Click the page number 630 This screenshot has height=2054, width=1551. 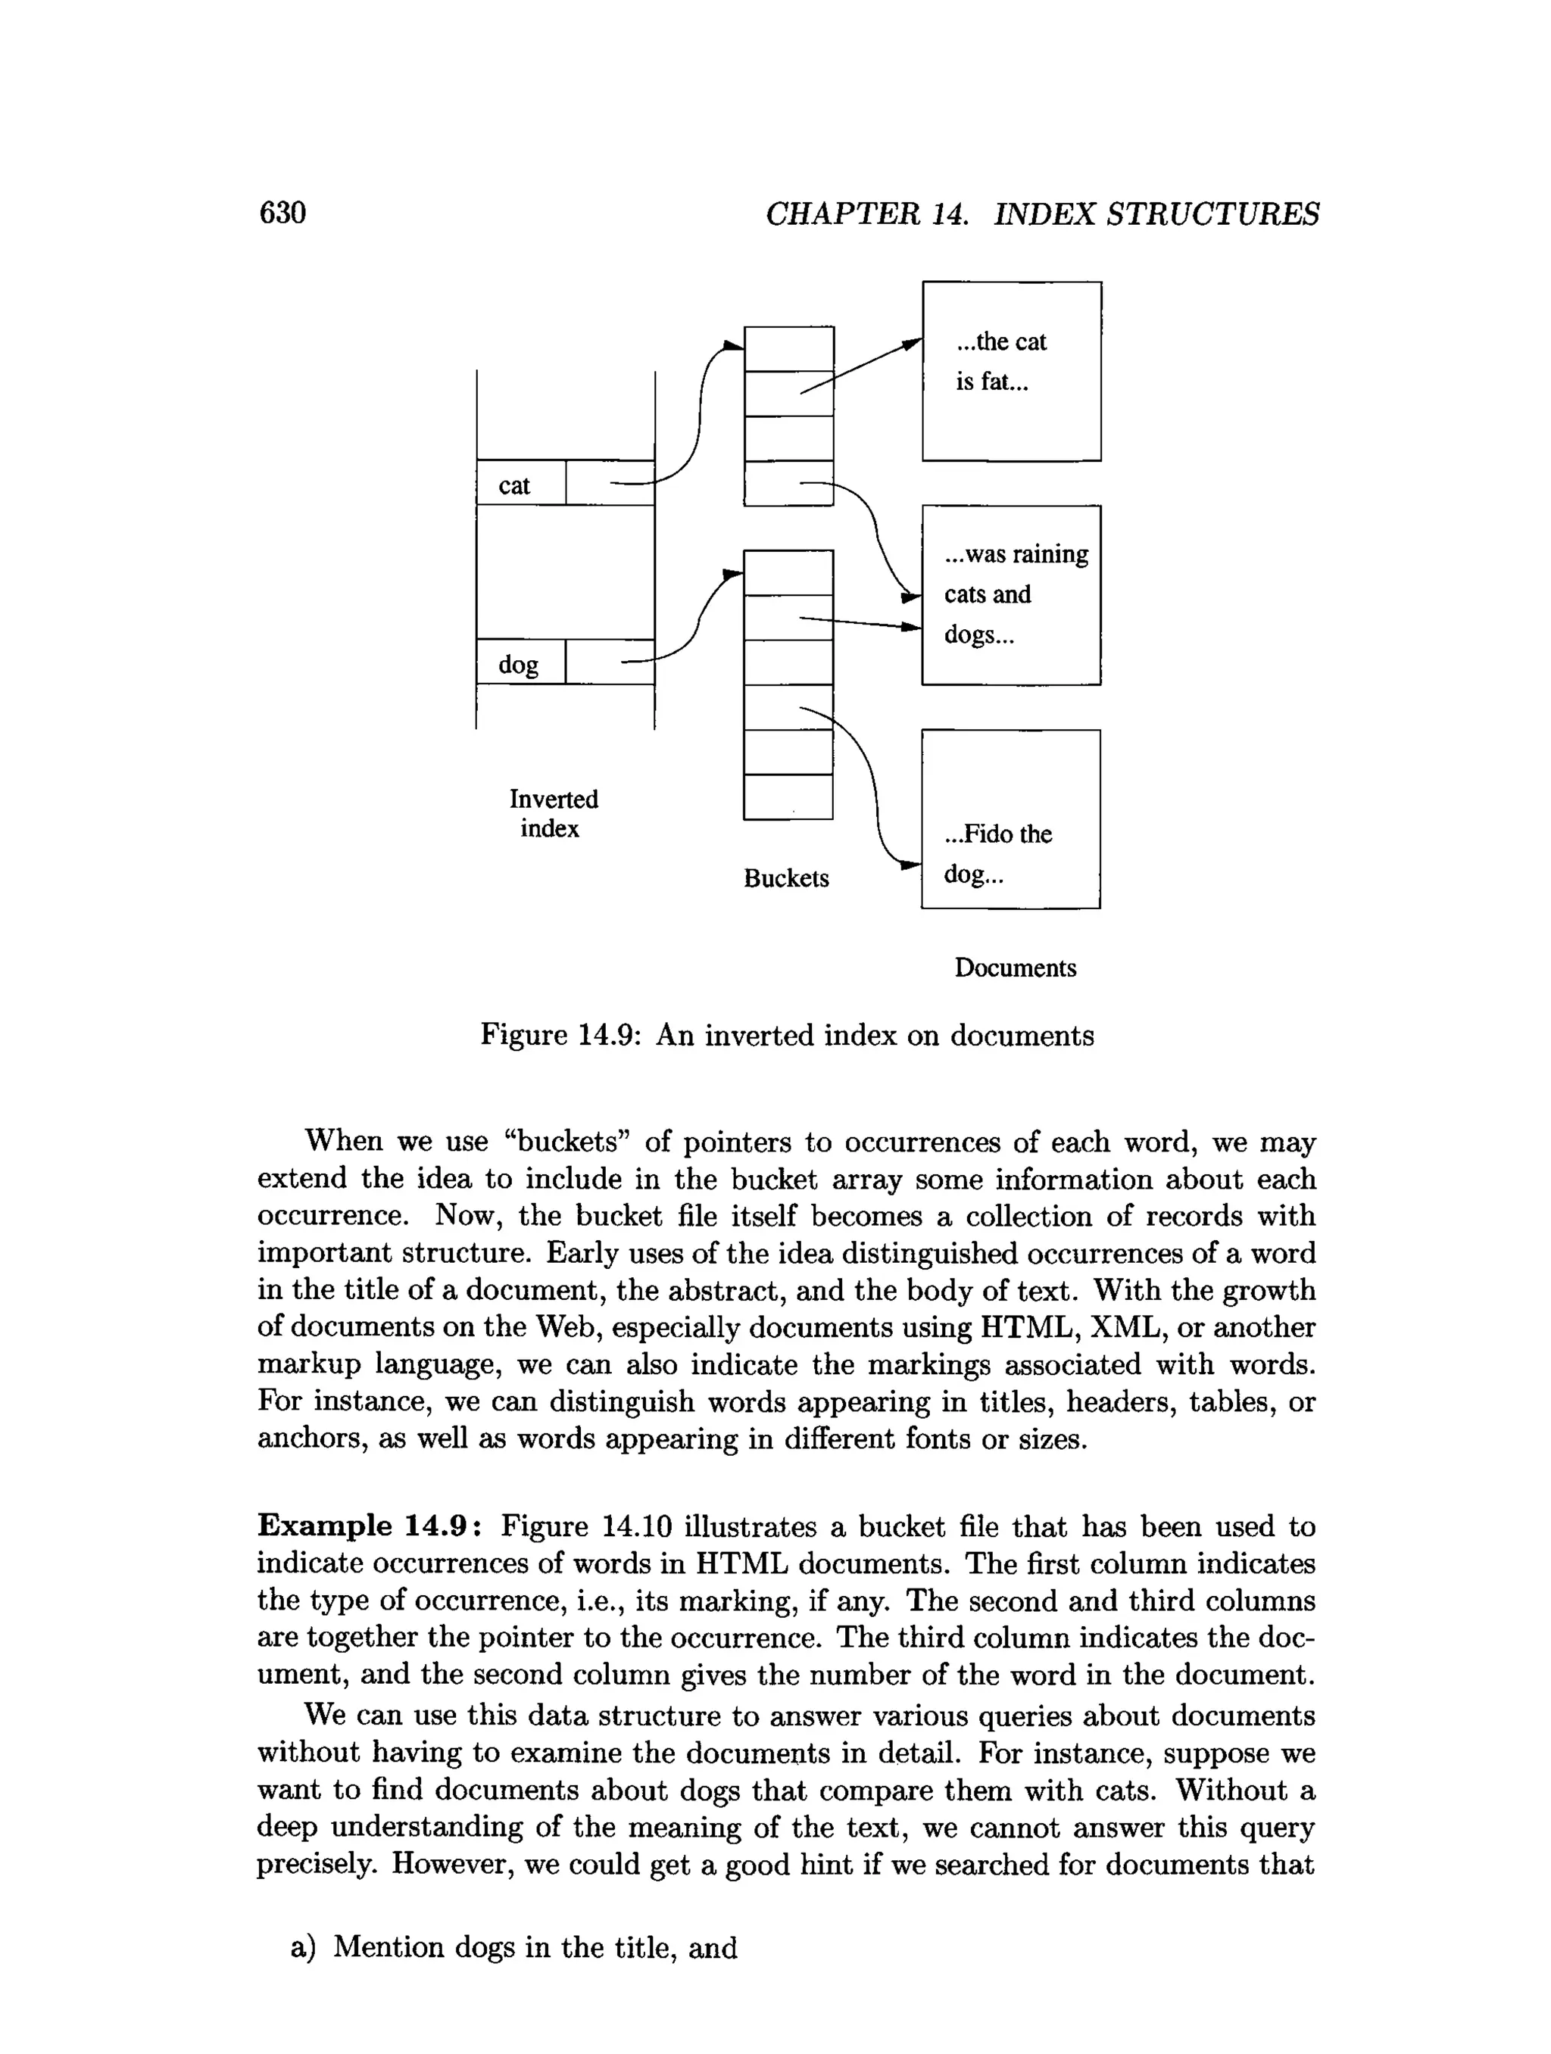click(282, 213)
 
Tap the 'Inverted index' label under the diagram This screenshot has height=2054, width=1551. click(553, 813)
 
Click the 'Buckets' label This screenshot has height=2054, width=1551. click(785, 878)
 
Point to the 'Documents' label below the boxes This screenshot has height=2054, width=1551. click(1014, 968)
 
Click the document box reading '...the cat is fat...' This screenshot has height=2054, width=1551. click(1011, 372)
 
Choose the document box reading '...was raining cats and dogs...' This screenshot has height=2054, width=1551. click(1011, 595)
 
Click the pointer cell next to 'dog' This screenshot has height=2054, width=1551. click(609, 662)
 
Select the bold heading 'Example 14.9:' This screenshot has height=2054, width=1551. click(370, 1525)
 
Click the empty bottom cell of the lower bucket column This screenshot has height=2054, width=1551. click(788, 796)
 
